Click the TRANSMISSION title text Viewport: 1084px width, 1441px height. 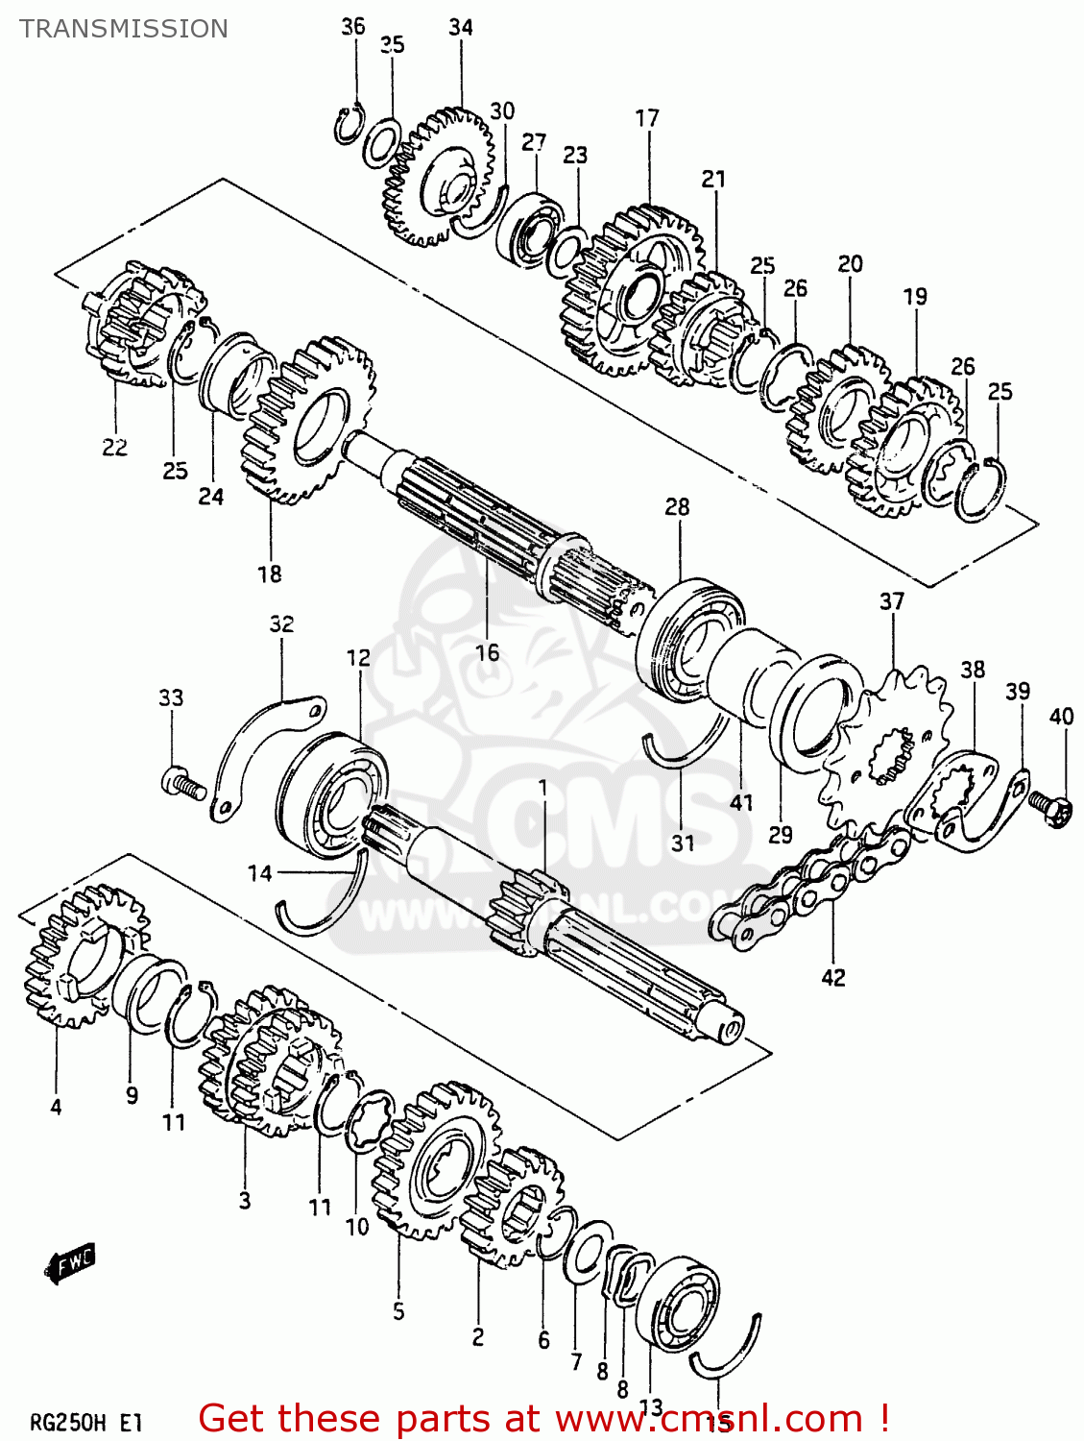pyautogui.click(x=124, y=29)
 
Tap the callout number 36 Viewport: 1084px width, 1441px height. pyautogui.click(x=353, y=26)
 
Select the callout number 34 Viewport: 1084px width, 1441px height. pyautogui.click(x=461, y=27)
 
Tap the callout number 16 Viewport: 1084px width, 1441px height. pyautogui.click(x=487, y=653)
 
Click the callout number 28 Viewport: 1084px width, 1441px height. pyautogui.click(x=677, y=506)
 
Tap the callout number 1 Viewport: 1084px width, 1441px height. pyautogui.click(x=542, y=788)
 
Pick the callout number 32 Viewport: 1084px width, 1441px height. pyautogui.click(x=281, y=623)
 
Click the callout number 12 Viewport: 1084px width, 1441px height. pyautogui.click(x=358, y=657)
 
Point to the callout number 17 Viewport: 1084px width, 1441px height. pyautogui.click(x=647, y=117)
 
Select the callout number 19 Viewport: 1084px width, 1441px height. pyautogui.click(x=915, y=296)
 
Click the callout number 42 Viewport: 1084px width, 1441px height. pyautogui.click(x=833, y=977)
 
